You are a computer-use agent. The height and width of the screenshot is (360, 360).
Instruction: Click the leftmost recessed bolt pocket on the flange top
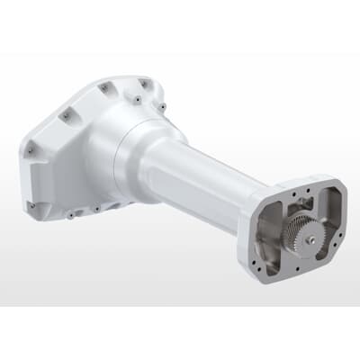coord(66,116)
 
